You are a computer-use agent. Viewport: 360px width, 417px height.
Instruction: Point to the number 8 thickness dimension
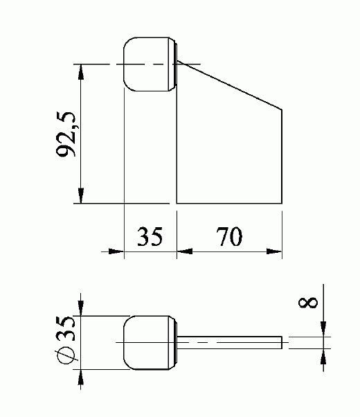click(x=310, y=302)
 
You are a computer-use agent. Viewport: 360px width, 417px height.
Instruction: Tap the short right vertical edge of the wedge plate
click(x=282, y=155)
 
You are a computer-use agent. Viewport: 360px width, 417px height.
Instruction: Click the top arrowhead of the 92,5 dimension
click(x=82, y=71)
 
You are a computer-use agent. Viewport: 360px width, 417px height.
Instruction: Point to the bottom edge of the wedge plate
click(x=229, y=203)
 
